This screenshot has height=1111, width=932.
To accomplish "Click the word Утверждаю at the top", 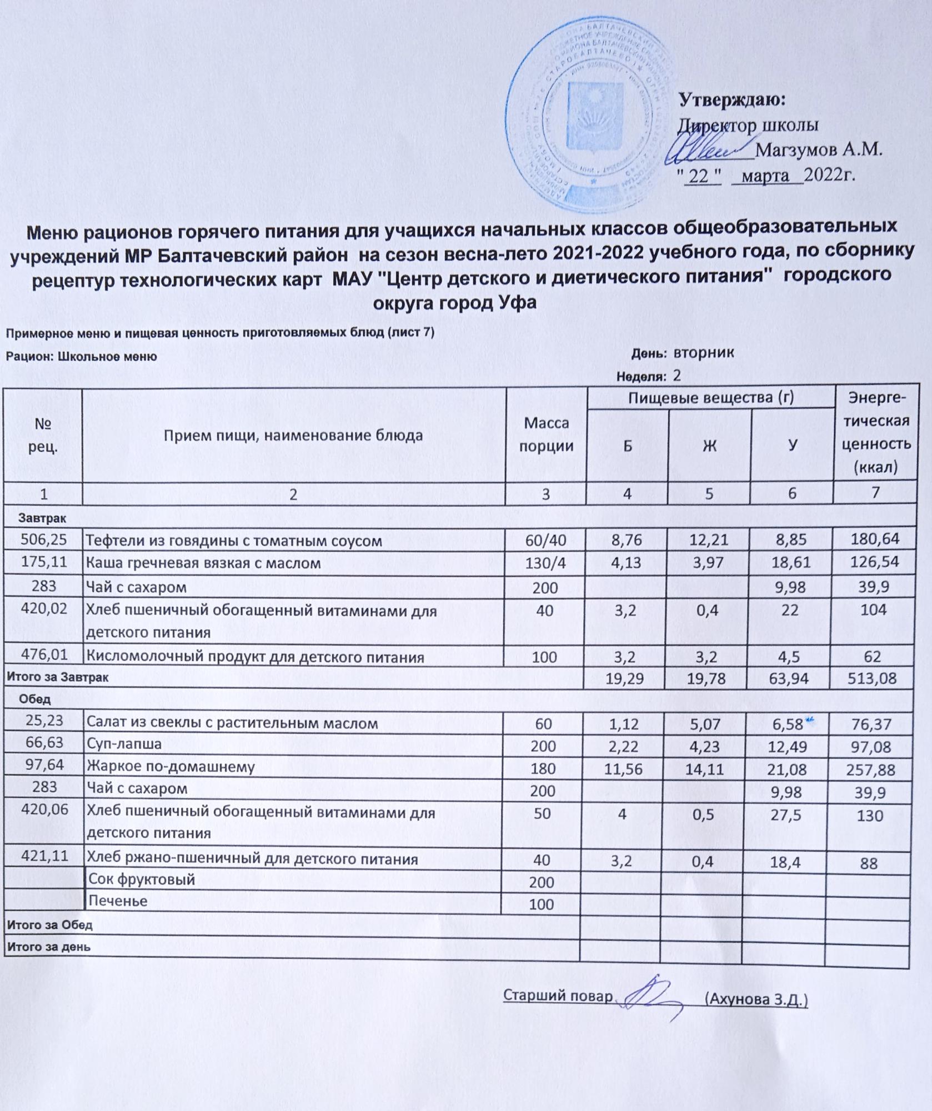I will pyautogui.click(x=733, y=101).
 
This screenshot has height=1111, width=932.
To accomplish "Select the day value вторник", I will pyautogui.click(x=704, y=352).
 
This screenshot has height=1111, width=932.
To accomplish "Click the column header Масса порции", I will pyautogui.click(x=546, y=434).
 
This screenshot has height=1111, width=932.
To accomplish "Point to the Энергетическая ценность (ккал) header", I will pyautogui.click(x=876, y=433).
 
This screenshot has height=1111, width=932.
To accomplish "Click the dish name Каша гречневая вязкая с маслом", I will pyautogui.click(x=203, y=563).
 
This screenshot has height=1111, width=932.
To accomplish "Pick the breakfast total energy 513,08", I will pyautogui.click(x=872, y=678).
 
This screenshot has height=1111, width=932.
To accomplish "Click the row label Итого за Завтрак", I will pyautogui.click(x=57, y=678).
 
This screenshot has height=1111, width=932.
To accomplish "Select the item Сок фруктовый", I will pyautogui.click(x=142, y=879).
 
